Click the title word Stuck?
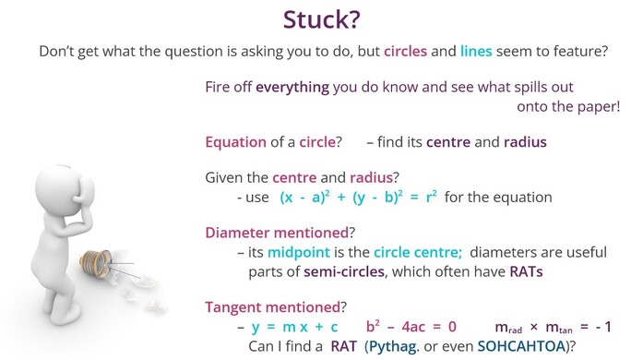pos(321,20)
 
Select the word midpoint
pos(288,252)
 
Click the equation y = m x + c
pos(294,328)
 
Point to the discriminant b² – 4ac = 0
pos(411,328)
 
